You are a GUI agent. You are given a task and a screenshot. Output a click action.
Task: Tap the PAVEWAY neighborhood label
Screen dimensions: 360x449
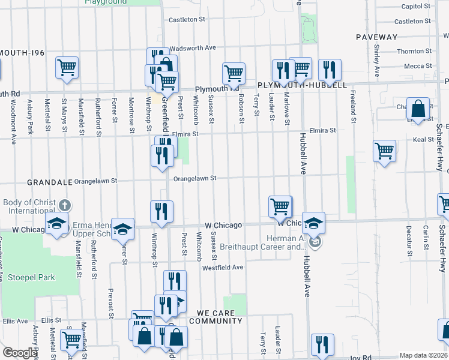pyautogui.click(x=376, y=37)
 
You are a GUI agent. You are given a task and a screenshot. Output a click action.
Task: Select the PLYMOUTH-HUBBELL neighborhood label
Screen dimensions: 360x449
pyautogui.click(x=303, y=85)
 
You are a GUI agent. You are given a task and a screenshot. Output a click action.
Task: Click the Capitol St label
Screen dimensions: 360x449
pyautogui.click(x=417, y=6)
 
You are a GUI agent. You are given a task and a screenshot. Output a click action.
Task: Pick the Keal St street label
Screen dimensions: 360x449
pyautogui.click(x=423, y=139)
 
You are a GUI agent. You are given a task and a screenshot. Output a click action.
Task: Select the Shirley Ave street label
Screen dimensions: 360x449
pyautogui.click(x=376, y=61)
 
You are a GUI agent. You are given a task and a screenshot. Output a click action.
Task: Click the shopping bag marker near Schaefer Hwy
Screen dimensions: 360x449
pyautogui.click(x=418, y=109)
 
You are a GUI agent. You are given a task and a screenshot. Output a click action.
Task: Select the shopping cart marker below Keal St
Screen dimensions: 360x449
pyautogui.click(x=384, y=151)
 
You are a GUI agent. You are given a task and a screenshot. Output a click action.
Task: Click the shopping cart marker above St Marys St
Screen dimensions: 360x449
pyautogui.click(x=67, y=67)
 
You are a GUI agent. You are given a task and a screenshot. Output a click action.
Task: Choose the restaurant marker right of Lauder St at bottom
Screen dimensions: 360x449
pyautogui.click(x=322, y=344)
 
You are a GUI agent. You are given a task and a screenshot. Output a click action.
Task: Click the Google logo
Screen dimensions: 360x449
pyautogui.click(x=19, y=353)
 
